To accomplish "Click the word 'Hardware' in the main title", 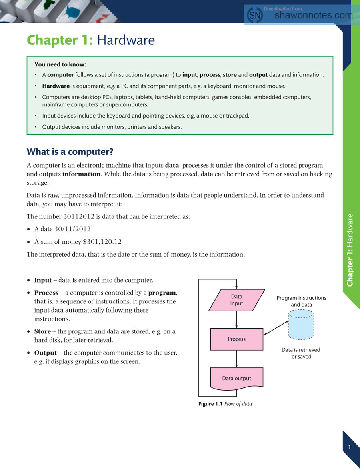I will click(126, 40).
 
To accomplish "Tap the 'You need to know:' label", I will click(60, 64).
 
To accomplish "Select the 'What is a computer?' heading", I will click(70, 152).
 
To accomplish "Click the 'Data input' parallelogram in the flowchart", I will click(237, 300).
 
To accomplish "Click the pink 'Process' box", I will click(237, 339).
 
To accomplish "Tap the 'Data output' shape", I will click(237, 378).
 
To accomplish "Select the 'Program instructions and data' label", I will click(301, 301).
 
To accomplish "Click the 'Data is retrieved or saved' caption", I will click(301, 353).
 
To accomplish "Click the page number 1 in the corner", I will click(349, 447).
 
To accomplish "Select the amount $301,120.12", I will click(102, 242).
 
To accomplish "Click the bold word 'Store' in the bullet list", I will click(42, 331).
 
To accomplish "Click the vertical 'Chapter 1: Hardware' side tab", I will click(350, 250).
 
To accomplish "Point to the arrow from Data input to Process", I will click(237, 320).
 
